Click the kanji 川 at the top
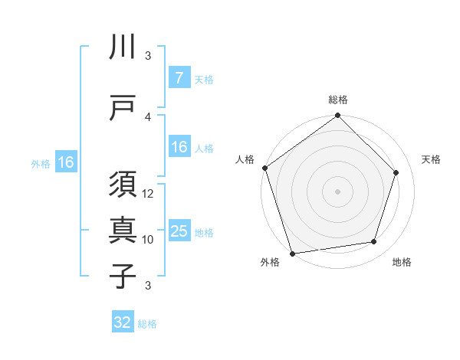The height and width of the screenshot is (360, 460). pyautogui.click(x=123, y=47)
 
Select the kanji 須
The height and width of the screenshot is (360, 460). pyautogui.click(x=123, y=185)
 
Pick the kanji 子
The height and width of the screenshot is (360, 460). pyautogui.click(x=123, y=276)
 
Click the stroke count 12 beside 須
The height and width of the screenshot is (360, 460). pyautogui.click(x=149, y=194)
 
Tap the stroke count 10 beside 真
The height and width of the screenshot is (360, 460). pyautogui.click(x=149, y=239)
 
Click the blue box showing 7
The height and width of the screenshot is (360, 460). pyautogui.click(x=179, y=78)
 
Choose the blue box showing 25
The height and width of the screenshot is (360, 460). pyautogui.click(x=179, y=231)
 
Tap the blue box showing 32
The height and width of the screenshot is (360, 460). pyautogui.click(x=123, y=322)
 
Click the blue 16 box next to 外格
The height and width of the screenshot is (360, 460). pyautogui.click(x=65, y=162)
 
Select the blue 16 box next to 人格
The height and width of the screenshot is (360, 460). pyautogui.click(x=179, y=148)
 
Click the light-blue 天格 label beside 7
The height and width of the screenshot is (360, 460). pyautogui.click(x=204, y=79)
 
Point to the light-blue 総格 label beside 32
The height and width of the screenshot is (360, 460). pyautogui.click(x=147, y=323)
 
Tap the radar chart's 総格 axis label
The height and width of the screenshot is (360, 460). pyautogui.click(x=338, y=100)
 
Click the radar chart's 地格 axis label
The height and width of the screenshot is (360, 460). pyautogui.click(x=402, y=263)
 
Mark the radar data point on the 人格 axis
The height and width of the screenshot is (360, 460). pyautogui.click(x=265, y=168)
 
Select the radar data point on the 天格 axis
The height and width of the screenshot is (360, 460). pyautogui.click(x=396, y=172)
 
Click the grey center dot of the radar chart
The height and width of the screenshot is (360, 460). pyautogui.click(x=338, y=191)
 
